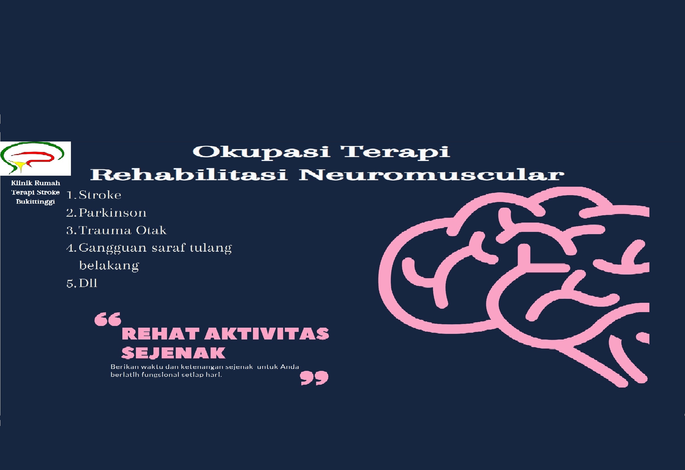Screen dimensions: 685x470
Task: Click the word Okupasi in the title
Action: point(262,152)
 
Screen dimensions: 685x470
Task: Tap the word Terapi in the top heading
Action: point(395,152)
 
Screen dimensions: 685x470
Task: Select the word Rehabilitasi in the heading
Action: point(189,174)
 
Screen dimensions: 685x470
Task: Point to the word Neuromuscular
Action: point(432,174)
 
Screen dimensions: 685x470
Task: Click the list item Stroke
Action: point(100,195)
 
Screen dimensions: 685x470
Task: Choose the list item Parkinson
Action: point(112,212)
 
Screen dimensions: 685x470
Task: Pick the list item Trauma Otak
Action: point(123,230)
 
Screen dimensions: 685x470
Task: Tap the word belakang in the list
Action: point(109,266)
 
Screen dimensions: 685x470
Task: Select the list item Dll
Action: point(88,283)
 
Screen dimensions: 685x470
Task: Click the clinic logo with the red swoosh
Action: point(35,158)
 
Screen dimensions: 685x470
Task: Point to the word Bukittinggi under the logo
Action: point(35,202)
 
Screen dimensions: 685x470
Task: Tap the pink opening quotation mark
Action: point(108,319)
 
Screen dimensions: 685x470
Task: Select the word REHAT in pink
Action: point(160,334)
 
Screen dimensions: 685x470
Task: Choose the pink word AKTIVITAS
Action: point(267,334)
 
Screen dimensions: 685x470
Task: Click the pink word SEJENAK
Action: point(173,353)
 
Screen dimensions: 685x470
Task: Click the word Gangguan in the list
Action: point(112,248)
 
